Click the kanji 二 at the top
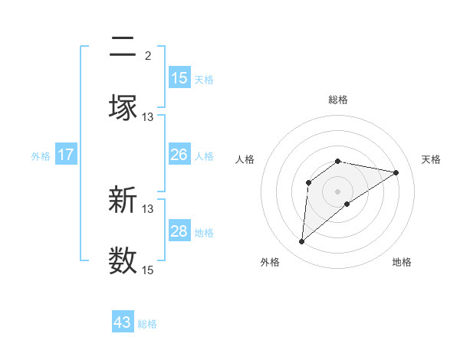point(123,48)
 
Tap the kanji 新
point(123,201)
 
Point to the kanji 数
point(123,260)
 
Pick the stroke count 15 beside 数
point(147,270)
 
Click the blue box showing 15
point(179,78)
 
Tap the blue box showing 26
point(179,155)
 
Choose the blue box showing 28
point(179,231)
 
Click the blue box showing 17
point(66,155)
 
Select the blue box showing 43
point(123,322)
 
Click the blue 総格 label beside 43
point(147,324)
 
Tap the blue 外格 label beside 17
point(41,156)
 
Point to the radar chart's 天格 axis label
point(431,159)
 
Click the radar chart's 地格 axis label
point(402,262)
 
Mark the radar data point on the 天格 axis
point(396,172)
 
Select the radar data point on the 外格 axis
point(301,242)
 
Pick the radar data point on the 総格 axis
point(338,161)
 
